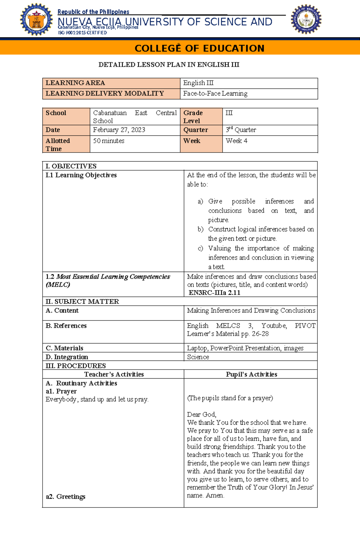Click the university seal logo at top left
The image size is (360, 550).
pos(36,20)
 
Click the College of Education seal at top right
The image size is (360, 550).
pos(306,19)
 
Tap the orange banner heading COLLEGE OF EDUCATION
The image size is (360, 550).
pos(199,48)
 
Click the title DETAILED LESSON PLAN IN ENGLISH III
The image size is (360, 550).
pos(169,65)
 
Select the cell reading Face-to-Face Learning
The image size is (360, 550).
pos(215,94)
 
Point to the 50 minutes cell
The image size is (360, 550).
pos(109,141)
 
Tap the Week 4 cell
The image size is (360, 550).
pos(236,141)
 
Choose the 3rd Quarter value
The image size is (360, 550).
pos(241,130)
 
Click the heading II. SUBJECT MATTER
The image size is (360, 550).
pos(82,302)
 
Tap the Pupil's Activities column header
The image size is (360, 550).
pos(251,374)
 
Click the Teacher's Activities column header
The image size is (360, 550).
pos(114,374)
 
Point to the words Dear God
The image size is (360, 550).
pos(201,415)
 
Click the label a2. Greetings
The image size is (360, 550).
pos(65,497)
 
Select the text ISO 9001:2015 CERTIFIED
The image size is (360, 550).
pos(82,33)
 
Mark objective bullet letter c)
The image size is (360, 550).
pos(200,248)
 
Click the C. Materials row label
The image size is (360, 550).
pos(64,348)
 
